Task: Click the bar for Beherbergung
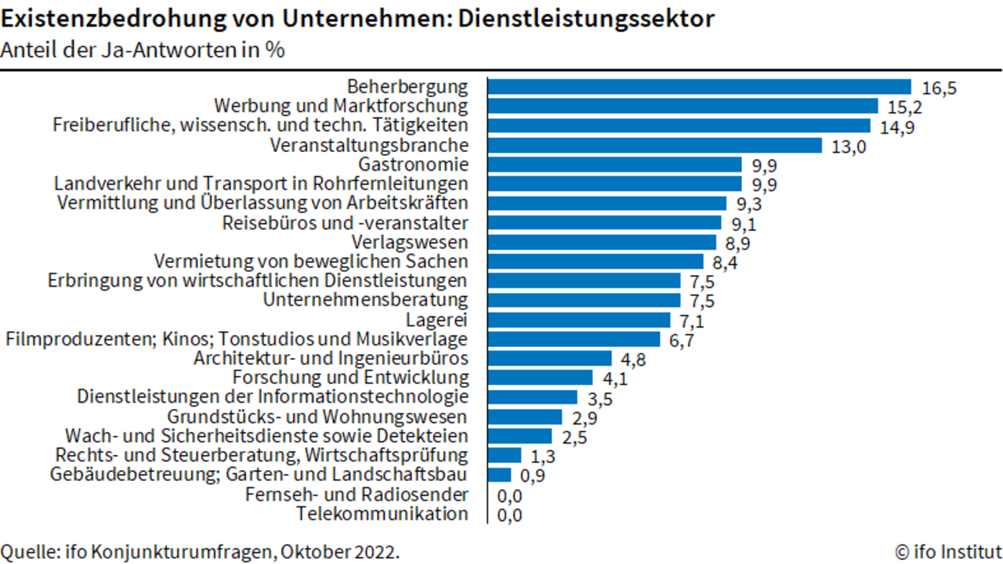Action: (x=700, y=87)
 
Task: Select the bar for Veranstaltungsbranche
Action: (x=655, y=146)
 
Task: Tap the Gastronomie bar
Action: (x=615, y=164)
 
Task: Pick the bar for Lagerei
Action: (x=579, y=320)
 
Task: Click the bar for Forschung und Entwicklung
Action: (x=540, y=378)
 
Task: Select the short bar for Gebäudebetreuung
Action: (x=499, y=475)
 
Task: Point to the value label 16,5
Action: (x=939, y=89)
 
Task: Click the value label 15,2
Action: (x=905, y=107)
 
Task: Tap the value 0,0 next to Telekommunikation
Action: (x=509, y=515)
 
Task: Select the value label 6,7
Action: (x=682, y=341)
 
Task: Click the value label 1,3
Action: (x=543, y=457)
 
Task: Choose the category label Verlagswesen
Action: (x=410, y=242)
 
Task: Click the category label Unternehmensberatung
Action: (x=365, y=299)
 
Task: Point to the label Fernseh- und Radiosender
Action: (x=357, y=494)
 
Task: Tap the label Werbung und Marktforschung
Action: (x=341, y=106)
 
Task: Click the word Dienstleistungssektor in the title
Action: (x=586, y=19)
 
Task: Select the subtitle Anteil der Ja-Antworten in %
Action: (x=143, y=49)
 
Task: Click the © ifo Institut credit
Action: (x=949, y=552)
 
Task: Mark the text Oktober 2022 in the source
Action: (x=340, y=552)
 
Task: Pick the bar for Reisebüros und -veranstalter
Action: (x=604, y=223)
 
